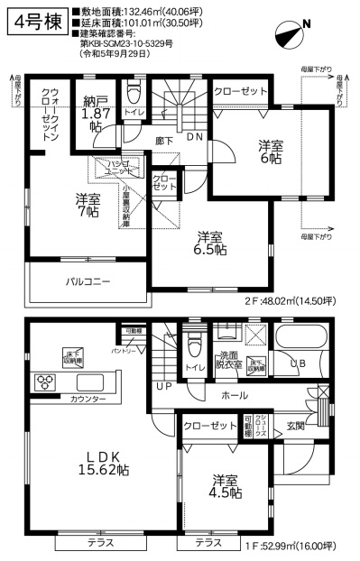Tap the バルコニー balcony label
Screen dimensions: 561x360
(x=88, y=281)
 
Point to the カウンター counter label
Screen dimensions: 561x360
(x=88, y=399)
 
